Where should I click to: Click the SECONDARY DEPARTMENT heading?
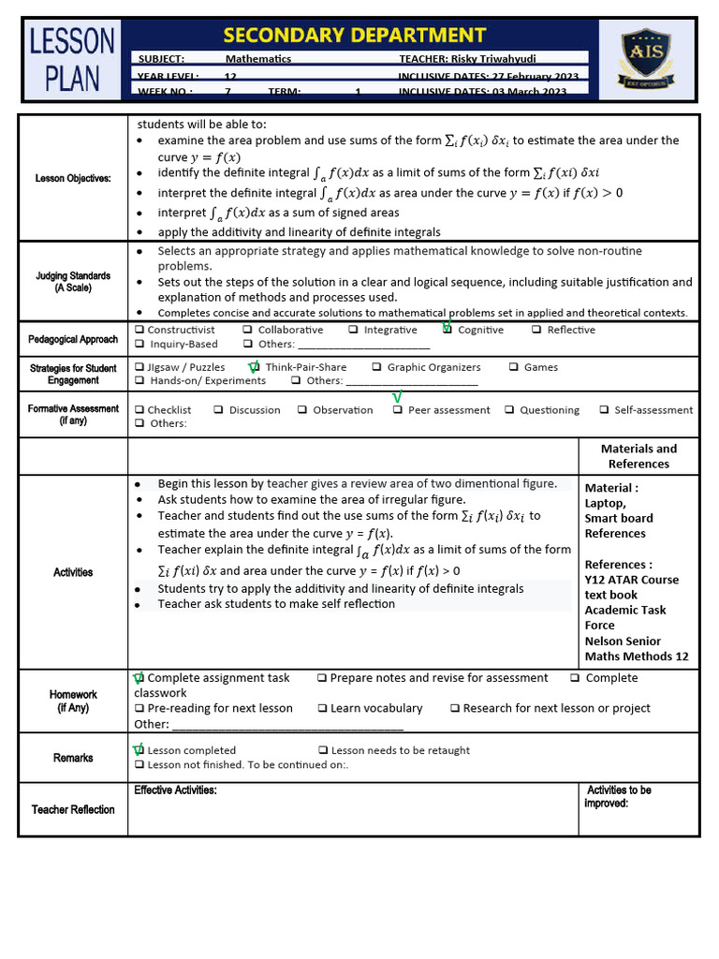355,36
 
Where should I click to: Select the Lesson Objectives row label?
73,178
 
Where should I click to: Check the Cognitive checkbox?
448,330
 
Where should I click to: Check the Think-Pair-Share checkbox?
255,367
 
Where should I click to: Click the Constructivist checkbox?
139,330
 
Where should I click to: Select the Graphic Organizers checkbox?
376,367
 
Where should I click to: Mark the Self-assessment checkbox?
605,410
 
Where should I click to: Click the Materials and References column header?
638,456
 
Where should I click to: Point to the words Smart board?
619,518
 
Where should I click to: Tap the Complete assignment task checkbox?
139,678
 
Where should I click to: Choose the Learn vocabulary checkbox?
322,709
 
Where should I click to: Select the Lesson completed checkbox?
139,750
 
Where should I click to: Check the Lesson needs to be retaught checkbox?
322,750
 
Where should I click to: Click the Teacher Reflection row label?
73,809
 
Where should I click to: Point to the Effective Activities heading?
175,790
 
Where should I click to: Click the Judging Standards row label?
73,282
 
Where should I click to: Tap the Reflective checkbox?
536,330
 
